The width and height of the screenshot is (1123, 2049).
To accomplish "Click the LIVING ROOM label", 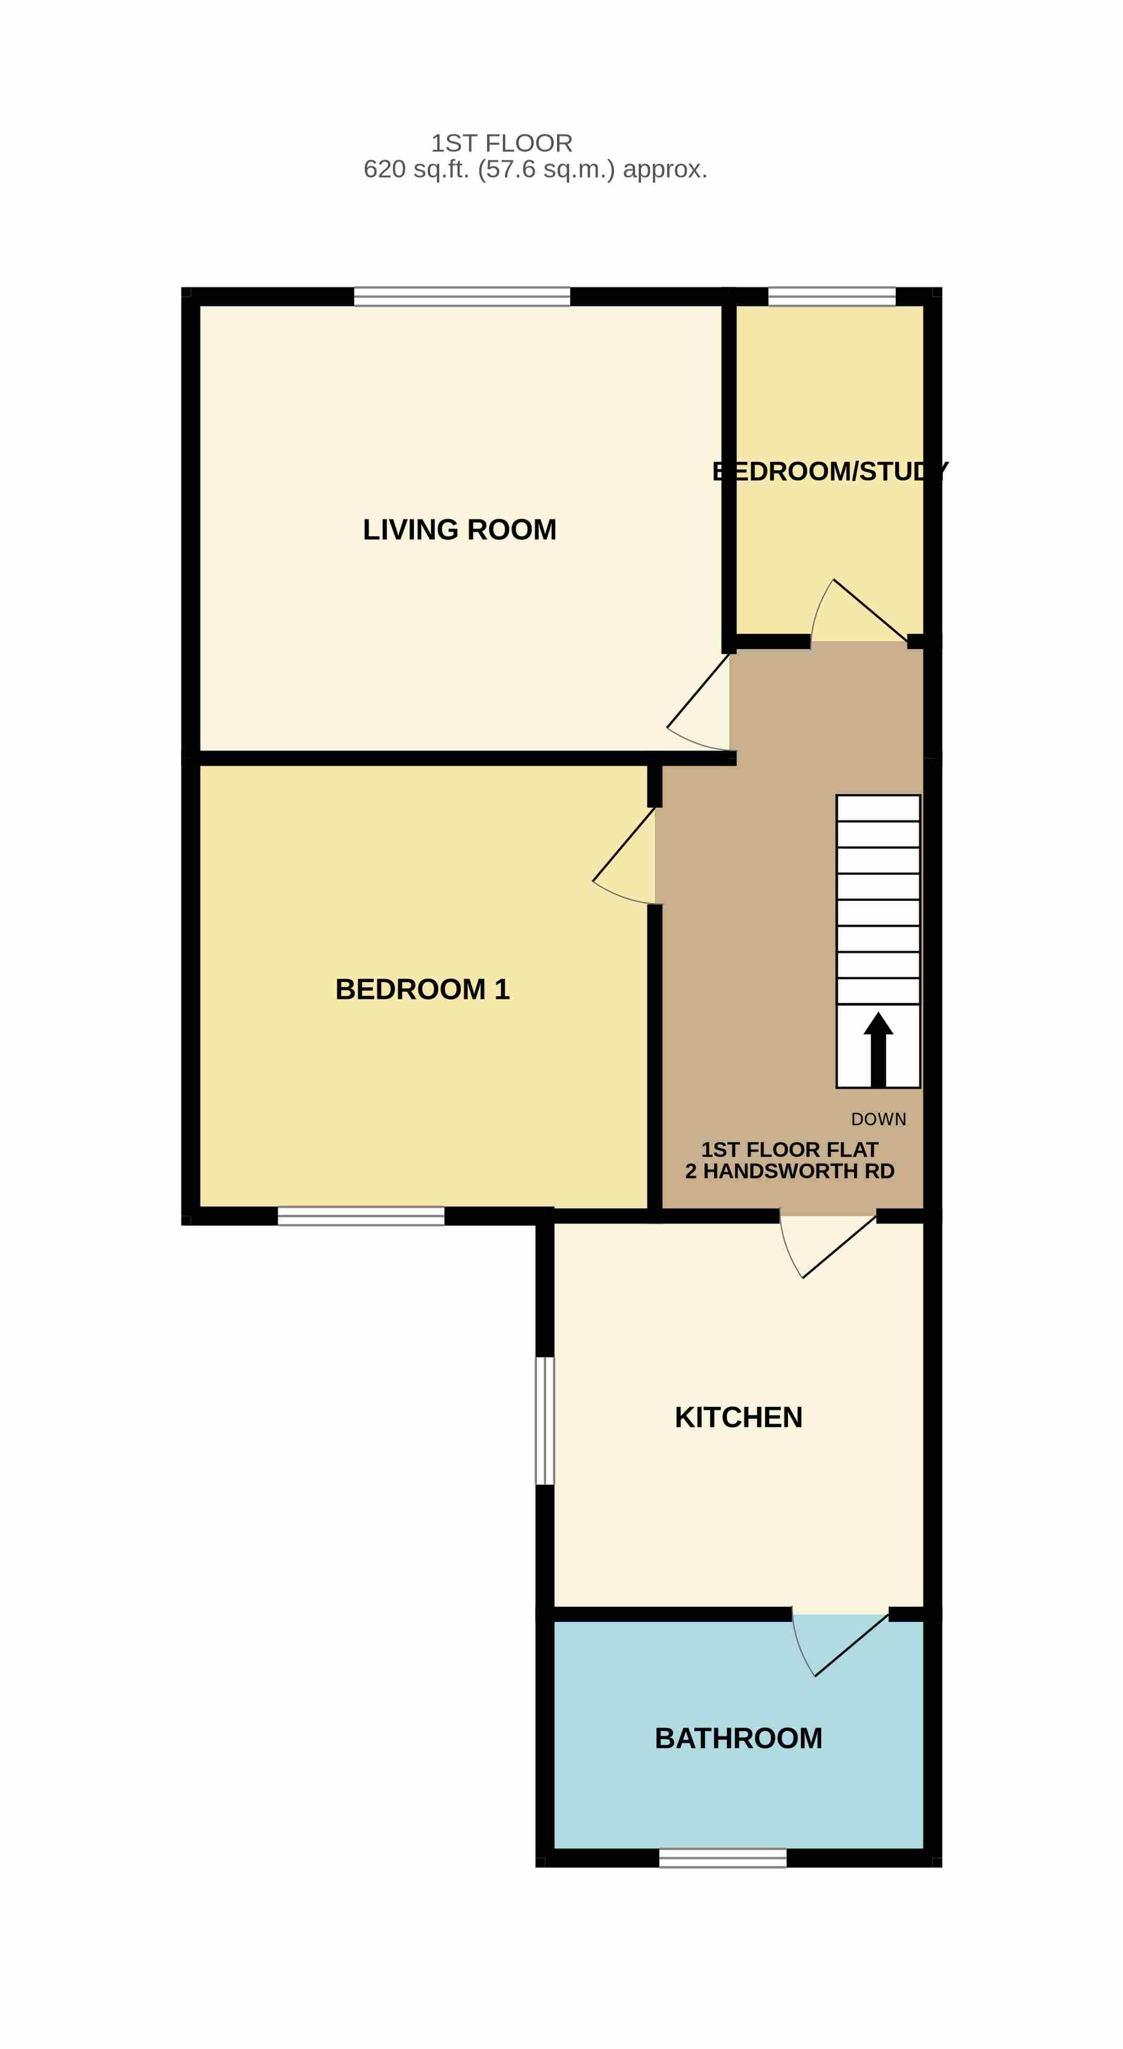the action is tap(460, 530).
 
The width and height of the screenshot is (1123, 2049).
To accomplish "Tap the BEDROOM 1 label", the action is tap(422, 989).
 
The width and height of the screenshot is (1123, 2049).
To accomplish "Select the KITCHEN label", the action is tap(738, 1417).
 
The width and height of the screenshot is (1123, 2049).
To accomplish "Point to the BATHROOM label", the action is tap(738, 1739).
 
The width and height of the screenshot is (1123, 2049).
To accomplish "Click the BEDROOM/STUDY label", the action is tap(829, 472).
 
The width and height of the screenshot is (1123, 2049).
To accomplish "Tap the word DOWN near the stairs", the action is tap(878, 1119).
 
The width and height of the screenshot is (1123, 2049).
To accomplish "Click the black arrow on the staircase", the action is tap(878, 1049).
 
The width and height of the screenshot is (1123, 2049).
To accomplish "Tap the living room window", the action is tap(462, 297).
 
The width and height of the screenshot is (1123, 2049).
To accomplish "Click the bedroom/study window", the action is tap(832, 297).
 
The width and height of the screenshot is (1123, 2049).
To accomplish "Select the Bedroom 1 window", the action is tap(361, 1216).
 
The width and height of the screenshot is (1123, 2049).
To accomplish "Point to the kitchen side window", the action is tap(545, 1421).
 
